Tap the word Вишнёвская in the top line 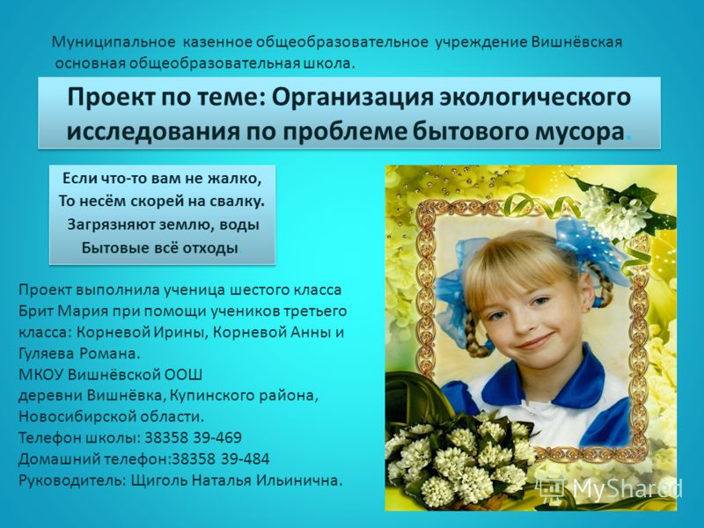pos(579,42)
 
